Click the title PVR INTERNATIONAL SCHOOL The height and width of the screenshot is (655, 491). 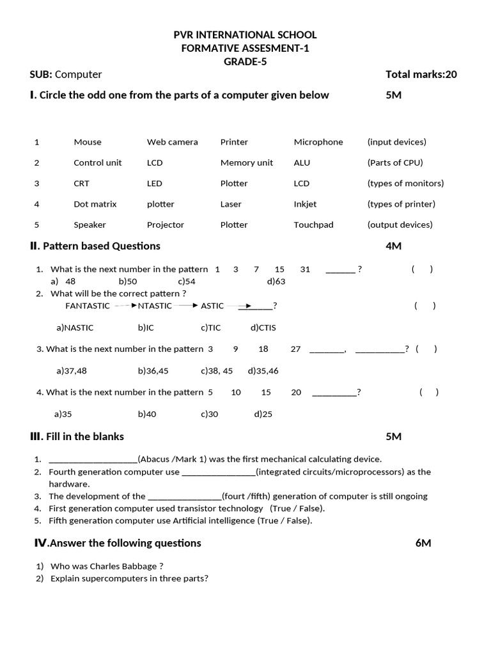point(246,35)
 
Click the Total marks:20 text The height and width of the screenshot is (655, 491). point(421,74)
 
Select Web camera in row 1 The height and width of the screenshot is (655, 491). point(172,142)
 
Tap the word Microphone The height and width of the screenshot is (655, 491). point(318,142)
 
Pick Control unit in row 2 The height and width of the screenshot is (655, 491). point(97,162)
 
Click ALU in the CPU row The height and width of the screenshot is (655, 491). point(302,162)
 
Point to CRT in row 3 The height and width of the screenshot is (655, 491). point(81,184)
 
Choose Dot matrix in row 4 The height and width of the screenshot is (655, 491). point(95,204)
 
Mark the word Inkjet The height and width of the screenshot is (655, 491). point(305,204)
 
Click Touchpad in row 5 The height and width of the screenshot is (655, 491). point(313,225)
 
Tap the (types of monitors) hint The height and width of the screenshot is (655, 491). point(405,184)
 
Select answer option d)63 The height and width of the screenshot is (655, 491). point(276,281)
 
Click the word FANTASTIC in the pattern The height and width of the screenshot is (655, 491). point(88,306)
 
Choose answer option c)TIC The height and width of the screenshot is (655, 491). point(210,327)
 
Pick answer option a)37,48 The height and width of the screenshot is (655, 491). point(71,370)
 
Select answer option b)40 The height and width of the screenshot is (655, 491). point(146,414)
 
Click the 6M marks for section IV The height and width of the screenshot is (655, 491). point(423,543)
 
